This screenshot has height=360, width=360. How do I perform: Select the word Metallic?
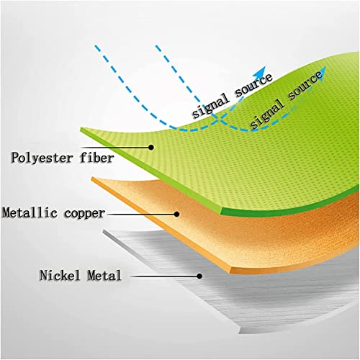pyautogui.click(x=30, y=212)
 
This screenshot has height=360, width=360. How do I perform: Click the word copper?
pyautogui.click(x=84, y=214)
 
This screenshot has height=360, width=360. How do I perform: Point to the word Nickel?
pyautogui.click(x=60, y=275)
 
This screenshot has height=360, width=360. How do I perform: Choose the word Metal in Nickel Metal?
pyautogui.click(x=104, y=275)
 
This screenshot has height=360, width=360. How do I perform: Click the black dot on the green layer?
pyautogui.click(x=151, y=147)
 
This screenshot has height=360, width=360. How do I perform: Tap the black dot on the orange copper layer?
pyautogui.click(x=176, y=214)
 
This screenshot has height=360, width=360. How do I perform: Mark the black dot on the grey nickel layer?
pyautogui.click(x=199, y=276)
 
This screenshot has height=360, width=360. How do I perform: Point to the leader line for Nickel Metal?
pyautogui.click(x=164, y=276)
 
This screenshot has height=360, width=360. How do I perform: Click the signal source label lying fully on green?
pyautogui.click(x=286, y=99)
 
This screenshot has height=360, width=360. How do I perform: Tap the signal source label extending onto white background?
pyautogui.click(x=233, y=95)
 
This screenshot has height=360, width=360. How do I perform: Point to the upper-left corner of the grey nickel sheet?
pyautogui.click(x=104, y=231)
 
